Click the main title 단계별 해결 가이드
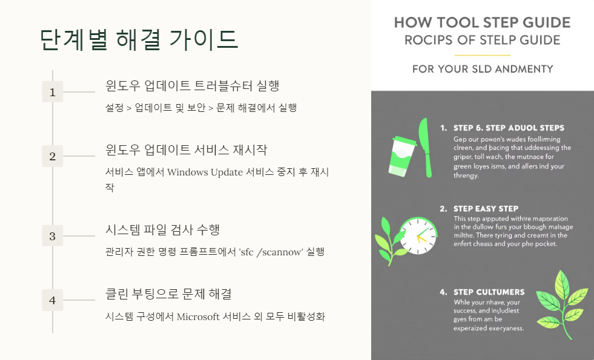point(139,40)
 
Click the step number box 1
point(52,92)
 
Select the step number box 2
point(52,156)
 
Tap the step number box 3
point(52,236)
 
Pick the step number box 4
point(52,300)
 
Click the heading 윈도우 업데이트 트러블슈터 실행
point(192,85)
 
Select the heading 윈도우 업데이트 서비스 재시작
point(186,149)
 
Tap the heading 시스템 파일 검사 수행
point(162,229)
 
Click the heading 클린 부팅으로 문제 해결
point(168,293)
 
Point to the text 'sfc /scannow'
point(271,252)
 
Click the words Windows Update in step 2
point(205,172)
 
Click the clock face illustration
point(418,237)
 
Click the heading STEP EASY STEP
point(486,209)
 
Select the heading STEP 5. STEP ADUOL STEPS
point(509,128)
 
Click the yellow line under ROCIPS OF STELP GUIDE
point(482,56)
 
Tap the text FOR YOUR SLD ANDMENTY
point(482,69)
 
